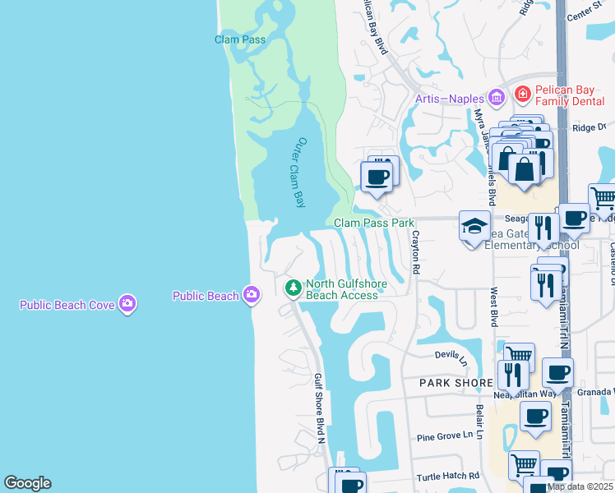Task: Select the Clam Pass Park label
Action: [x=374, y=223]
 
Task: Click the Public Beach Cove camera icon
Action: [x=127, y=305]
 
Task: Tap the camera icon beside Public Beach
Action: [x=252, y=295]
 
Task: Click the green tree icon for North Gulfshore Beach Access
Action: [x=292, y=288]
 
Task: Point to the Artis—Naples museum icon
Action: [x=496, y=99]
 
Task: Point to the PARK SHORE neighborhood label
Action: [x=455, y=383]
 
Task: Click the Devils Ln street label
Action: [x=451, y=354]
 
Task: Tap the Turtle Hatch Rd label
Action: [x=447, y=476]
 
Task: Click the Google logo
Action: [x=27, y=483]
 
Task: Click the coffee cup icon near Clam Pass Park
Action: [x=377, y=176]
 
